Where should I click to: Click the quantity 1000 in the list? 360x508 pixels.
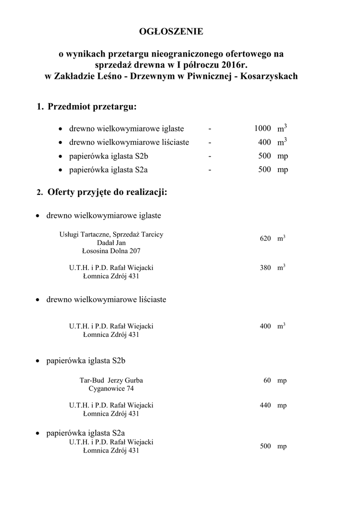[262, 128]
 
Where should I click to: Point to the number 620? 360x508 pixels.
[265, 239]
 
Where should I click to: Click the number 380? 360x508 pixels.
[265, 268]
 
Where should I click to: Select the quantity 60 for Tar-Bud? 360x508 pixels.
[267, 381]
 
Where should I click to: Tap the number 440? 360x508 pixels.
[265, 406]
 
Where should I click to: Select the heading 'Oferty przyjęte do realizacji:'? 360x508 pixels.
[107, 192]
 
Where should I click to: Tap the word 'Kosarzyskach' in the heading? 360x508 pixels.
[268, 76]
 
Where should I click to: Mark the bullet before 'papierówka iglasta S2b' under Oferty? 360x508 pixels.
[38, 361]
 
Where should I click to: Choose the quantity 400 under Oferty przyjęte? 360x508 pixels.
[265, 326]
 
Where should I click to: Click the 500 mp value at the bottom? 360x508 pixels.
[273, 446]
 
